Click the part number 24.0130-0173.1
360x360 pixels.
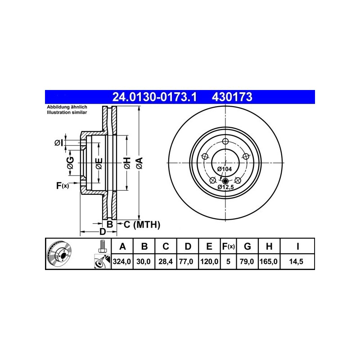(x=154, y=97)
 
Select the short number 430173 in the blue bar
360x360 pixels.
(x=232, y=97)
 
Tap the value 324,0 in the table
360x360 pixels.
(x=122, y=261)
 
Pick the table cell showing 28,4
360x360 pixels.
(x=166, y=261)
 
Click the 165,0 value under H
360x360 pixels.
(x=269, y=261)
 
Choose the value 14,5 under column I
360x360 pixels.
(x=296, y=261)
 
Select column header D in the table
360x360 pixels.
(x=188, y=246)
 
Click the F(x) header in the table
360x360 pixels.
(x=228, y=246)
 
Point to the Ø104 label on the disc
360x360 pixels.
(x=225, y=169)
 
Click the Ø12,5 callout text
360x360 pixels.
(x=226, y=187)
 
